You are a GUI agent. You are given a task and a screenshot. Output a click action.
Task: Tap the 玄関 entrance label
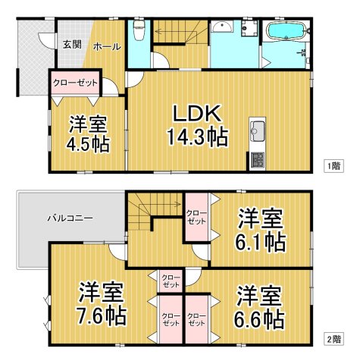click(x=72, y=42)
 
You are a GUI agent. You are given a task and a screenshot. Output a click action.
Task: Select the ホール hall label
click(x=106, y=47)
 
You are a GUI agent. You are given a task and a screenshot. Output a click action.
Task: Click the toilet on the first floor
click(x=138, y=32)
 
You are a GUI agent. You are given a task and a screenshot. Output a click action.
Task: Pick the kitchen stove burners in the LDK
click(x=257, y=160)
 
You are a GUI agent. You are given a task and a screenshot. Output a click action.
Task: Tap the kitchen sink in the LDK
click(x=256, y=127)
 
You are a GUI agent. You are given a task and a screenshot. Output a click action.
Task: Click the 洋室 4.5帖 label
click(x=89, y=133)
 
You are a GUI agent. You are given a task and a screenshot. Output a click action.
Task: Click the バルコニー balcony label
click(x=70, y=218)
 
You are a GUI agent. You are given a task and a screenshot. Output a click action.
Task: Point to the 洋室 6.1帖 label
click(x=261, y=231)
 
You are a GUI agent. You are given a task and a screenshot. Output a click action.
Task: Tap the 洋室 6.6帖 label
click(x=260, y=305)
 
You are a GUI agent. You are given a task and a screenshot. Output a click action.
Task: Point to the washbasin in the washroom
click(x=223, y=29)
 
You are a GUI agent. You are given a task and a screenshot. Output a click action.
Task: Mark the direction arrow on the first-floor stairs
click(x=171, y=32)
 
